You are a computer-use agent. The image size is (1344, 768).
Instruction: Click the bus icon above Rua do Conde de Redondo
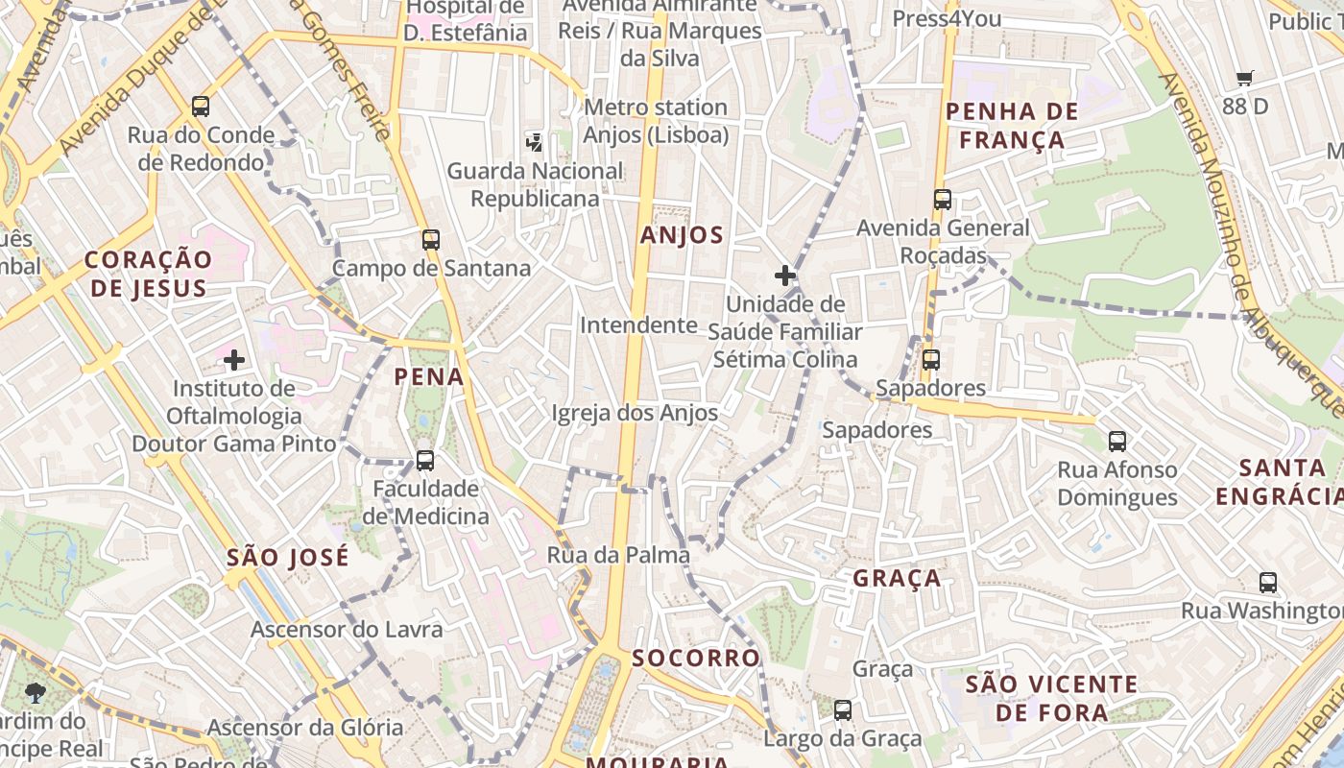pyautogui.click(x=201, y=107)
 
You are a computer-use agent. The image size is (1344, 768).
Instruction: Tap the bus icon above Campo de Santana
pyautogui.click(x=431, y=240)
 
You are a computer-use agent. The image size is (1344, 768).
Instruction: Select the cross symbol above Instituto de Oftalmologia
pyautogui.click(x=233, y=360)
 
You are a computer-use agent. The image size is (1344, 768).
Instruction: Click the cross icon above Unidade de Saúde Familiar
pyautogui.click(x=785, y=276)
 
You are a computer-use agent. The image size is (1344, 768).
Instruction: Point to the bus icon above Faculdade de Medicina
pyautogui.click(x=425, y=461)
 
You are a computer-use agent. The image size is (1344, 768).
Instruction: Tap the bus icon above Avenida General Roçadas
pyautogui.click(x=943, y=200)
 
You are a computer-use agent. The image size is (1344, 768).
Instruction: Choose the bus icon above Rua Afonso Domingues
pyautogui.click(x=1117, y=442)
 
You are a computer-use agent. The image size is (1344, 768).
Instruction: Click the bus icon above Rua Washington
pyautogui.click(x=1268, y=583)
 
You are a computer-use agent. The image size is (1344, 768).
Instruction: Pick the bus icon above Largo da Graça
pyautogui.click(x=843, y=710)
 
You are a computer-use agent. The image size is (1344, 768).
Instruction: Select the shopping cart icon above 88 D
pyautogui.click(x=1245, y=79)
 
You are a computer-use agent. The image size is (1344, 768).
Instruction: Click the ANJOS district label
pyautogui.click(x=682, y=235)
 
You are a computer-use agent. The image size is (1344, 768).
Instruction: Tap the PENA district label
pyautogui.click(x=429, y=377)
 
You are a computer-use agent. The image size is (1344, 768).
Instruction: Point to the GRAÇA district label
pyautogui.click(x=897, y=578)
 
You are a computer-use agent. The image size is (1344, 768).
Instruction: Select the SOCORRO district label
pyautogui.click(x=696, y=658)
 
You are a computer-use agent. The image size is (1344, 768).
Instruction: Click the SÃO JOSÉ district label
pyautogui.click(x=288, y=558)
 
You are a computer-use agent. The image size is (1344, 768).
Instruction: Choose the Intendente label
pyautogui.click(x=638, y=325)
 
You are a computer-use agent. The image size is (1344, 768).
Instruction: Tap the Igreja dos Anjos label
pyautogui.click(x=635, y=413)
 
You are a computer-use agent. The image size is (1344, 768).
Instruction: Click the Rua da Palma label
pyautogui.click(x=618, y=555)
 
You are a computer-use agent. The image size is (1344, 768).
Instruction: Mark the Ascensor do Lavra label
pyautogui.click(x=347, y=630)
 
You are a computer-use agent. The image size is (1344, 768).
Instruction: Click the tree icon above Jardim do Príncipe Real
pyautogui.click(x=36, y=692)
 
